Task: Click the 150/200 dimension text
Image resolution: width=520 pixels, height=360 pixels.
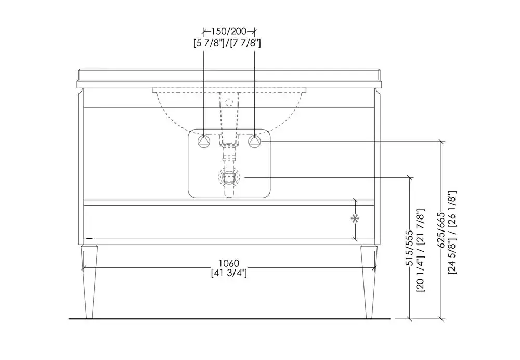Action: tap(229, 32)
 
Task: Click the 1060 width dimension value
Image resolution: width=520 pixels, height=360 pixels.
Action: tap(229, 263)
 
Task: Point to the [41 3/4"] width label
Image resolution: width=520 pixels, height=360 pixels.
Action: tap(229, 273)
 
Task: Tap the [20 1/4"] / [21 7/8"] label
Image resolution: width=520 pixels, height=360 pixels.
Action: tap(421, 251)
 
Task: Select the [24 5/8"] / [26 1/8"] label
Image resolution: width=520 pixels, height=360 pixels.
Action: tap(452, 233)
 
